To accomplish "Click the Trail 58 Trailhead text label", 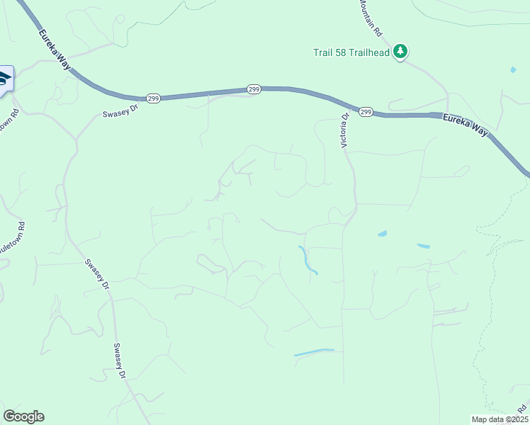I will pyautogui.click(x=351, y=52).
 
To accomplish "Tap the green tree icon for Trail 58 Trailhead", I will pyautogui.click(x=401, y=51).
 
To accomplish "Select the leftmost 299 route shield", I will pyautogui.click(x=153, y=98).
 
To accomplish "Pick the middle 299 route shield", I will pyautogui.click(x=254, y=89).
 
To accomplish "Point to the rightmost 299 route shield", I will pyautogui.click(x=365, y=112).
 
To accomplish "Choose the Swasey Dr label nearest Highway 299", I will pyautogui.click(x=118, y=113).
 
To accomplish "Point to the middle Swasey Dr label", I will pyautogui.click(x=97, y=275).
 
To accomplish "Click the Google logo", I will pyautogui.click(x=23, y=416).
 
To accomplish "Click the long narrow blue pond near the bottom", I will pyautogui.click(x=314, y=352).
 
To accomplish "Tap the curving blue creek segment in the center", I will pyautogui.click(x=308, y=261).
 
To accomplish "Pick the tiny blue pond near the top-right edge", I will pyautogui.click(x=512, y=70).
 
